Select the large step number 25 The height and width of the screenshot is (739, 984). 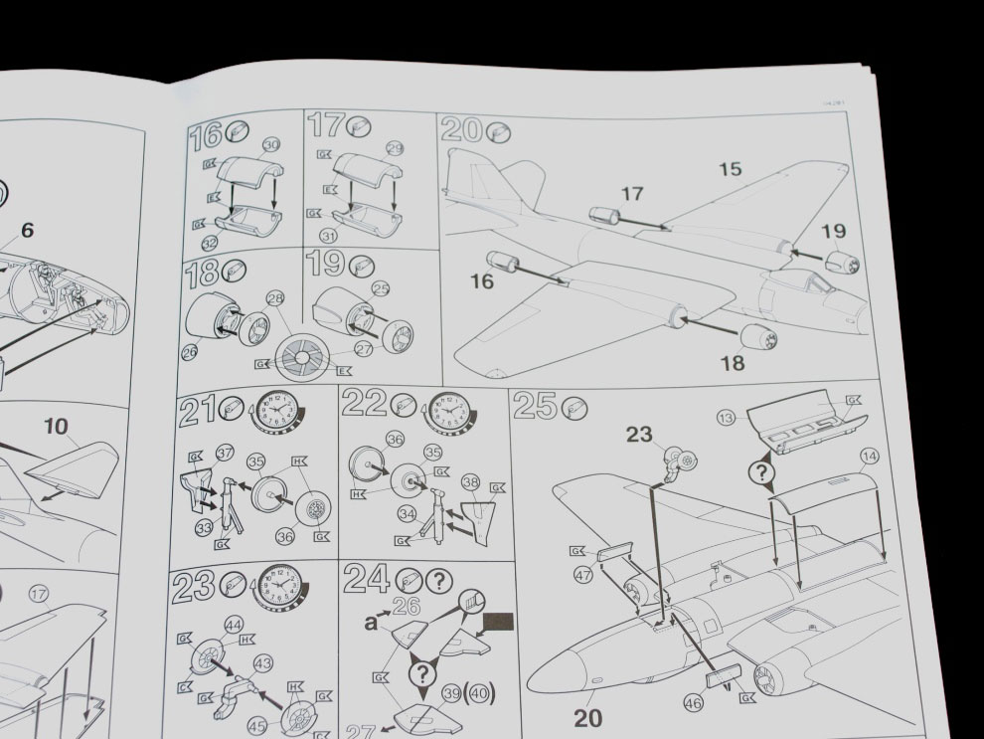[x=535, y=408]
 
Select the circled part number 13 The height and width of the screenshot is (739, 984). [x=727, y=418]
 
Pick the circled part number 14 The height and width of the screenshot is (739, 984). [x=870, y=457]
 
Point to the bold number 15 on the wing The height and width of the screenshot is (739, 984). [x=730, y=170]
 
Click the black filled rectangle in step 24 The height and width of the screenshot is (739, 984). [x=497, y=625]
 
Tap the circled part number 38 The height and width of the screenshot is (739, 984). [x=471, y=480]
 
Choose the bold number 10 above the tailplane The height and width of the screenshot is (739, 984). [x=56, y=427]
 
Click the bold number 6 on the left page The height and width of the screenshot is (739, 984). [x=27, y=231]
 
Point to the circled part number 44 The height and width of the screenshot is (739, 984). [x=234, y=625]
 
